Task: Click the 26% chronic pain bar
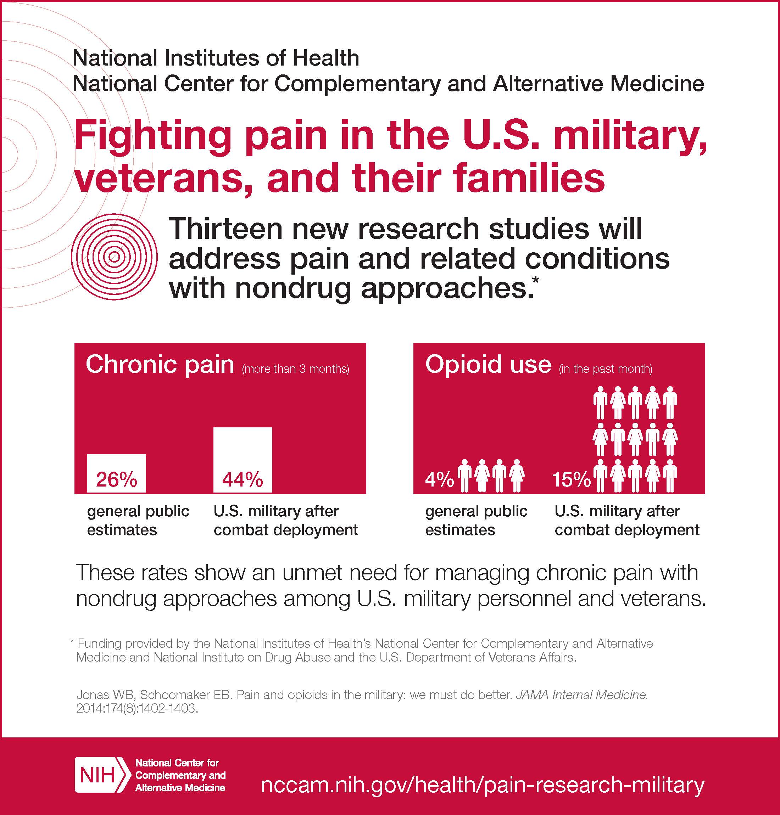(116, 473)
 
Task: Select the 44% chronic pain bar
(243, 460)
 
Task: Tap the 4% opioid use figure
(439, 480)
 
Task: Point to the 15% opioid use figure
(571, 480)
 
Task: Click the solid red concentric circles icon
(114, 257)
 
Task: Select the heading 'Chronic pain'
(160, 365)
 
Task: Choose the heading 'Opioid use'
(488, 365)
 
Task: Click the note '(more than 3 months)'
(296, 369)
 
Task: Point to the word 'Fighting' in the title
(152, 137)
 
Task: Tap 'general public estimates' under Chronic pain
(138, 520)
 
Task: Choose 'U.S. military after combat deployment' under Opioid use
(627, 520)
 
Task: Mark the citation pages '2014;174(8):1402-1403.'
(137, 708)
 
